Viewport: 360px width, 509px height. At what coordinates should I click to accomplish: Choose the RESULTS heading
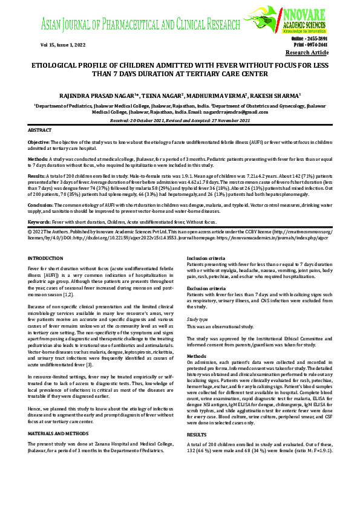coord(197,434)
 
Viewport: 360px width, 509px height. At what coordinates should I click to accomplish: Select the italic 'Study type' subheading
coord(198,318)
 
